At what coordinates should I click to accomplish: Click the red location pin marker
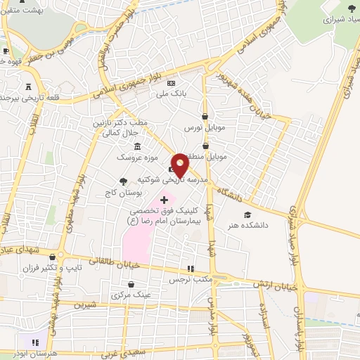coord(180,165)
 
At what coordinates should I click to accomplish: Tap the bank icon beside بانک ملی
coord(171,83)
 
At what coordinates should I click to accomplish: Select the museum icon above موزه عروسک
coord(136,146)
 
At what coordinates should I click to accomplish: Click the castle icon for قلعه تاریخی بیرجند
coord(28,87)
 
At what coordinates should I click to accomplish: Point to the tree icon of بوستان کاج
coord(124,181)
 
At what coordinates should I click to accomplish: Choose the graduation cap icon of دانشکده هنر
coord(247,215)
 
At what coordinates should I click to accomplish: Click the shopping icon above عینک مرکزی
coord(131,285)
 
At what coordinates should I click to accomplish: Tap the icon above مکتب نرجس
coord(190,269)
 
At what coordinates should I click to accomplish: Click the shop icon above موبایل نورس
coord(205,117)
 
